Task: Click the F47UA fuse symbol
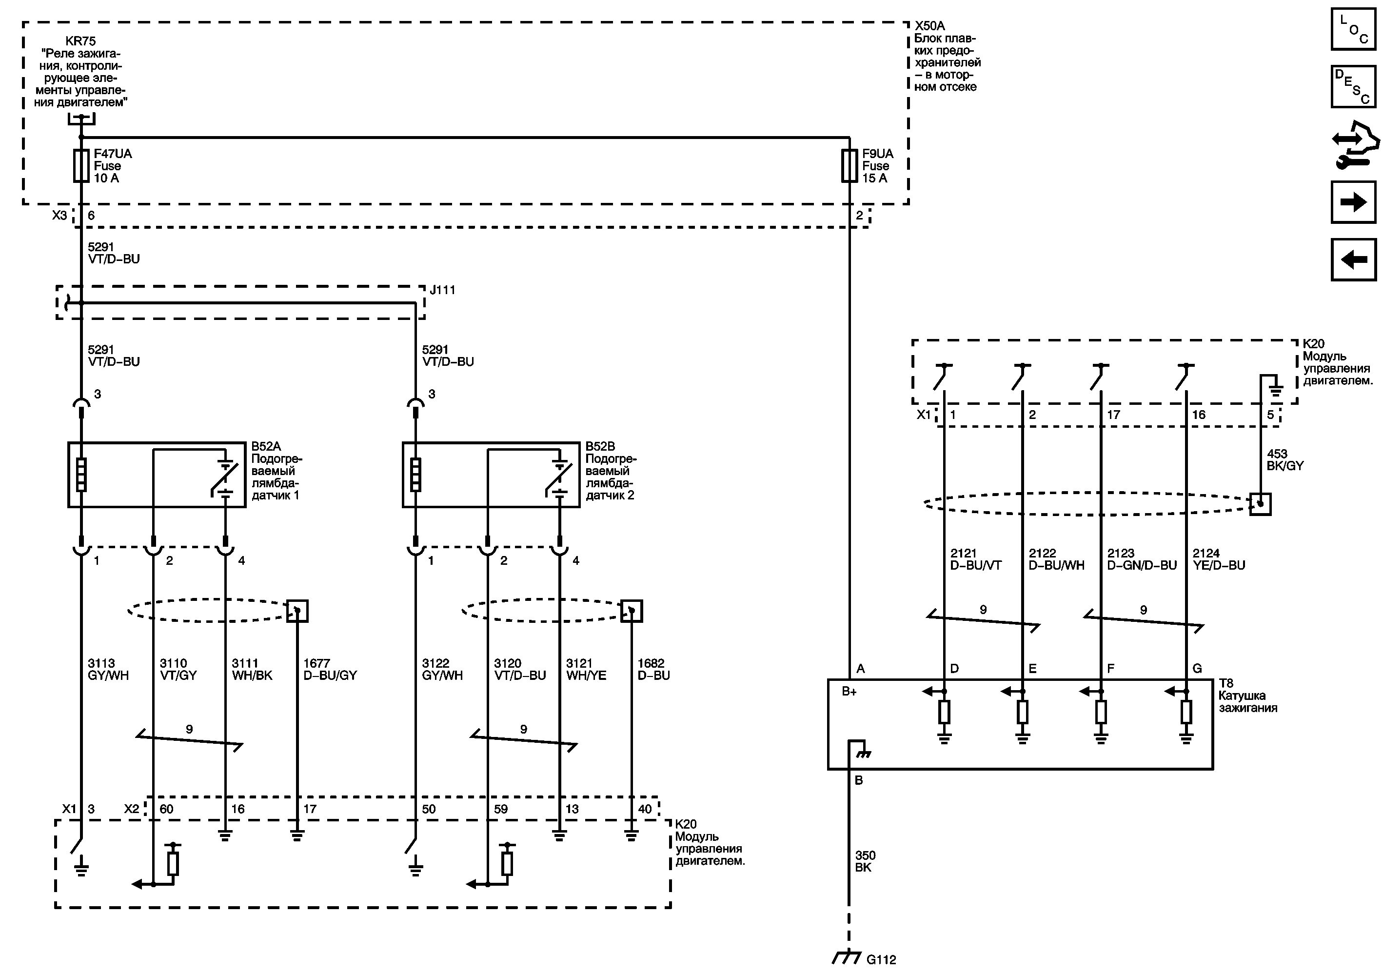coord(81,166)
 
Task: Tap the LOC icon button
coord(1353,29)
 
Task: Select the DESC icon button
coord(1353,87)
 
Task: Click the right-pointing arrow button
coord(1353,202)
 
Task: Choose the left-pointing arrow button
coord(1353,259)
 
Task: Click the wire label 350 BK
coord(865,861)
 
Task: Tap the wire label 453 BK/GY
coord(1285,459)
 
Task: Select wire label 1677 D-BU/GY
coord(330,669)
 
